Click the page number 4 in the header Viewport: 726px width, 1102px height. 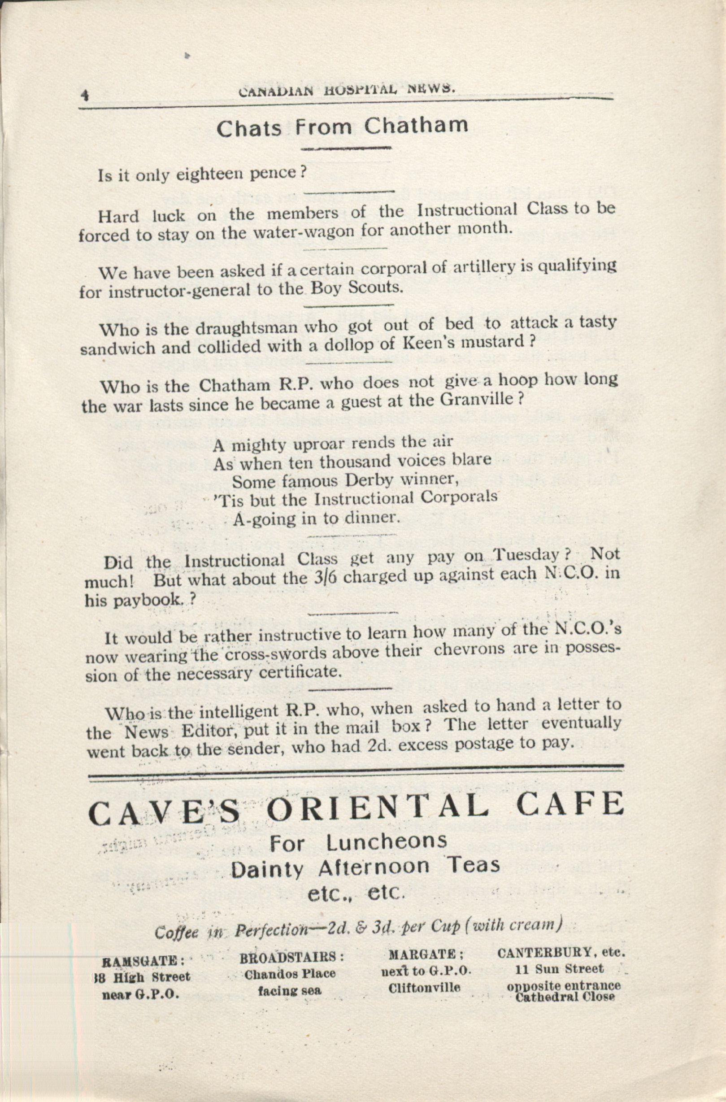tap(85, 96)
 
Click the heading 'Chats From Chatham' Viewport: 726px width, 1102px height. tap(342, 127)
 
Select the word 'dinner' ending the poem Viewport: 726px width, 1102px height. tap(372, 518)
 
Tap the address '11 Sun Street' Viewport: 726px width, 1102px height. tap(559, 969)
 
